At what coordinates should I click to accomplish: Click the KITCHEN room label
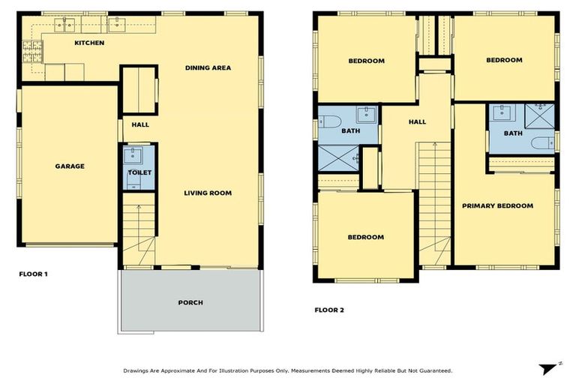(x=89, y=43)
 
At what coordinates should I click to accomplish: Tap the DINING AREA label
(x=208, y=68)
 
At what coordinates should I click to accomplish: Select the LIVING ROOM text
(x=208, y=193)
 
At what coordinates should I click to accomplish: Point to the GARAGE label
(x=69, y=166)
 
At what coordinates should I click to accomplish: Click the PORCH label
(x=190, y=303)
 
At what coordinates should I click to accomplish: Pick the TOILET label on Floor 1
(x=139, y=172)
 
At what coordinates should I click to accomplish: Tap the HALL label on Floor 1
(x=139, y=125)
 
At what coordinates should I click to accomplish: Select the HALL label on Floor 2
(x=417, y=122)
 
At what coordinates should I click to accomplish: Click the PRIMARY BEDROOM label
(x=497, y=206)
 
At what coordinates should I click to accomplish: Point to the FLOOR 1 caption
(x=33, y=274)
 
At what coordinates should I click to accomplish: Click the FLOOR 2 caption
(x=328, y=310)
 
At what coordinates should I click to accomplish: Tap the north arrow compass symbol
(x=549, y=367)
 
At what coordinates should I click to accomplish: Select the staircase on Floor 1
(x=138, y=229)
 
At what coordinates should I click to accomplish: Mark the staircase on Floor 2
(x=433, y=202)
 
